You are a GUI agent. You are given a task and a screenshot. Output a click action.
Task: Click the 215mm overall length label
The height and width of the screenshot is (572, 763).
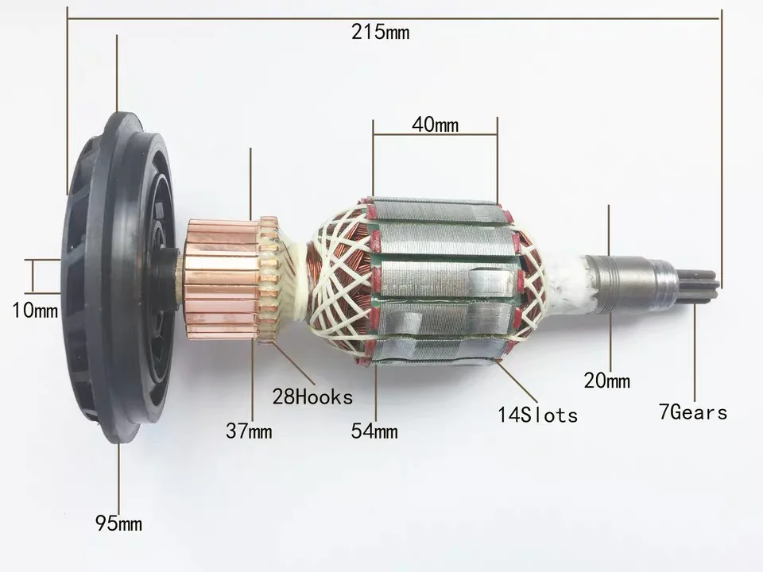[x=380, y=33]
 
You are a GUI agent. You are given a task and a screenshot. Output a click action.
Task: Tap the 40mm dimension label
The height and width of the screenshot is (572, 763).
[x=435, y=125]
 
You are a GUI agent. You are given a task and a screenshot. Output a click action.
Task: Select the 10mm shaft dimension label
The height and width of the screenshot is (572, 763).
[x=35, y=311]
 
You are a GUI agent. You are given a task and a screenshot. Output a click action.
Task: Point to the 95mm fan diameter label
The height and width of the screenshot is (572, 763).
[x=118, y=524]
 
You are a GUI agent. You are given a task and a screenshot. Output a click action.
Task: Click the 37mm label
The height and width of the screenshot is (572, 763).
[x=249, y=431]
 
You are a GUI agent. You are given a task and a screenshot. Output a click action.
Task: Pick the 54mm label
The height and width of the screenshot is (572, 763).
[x=374, y=431]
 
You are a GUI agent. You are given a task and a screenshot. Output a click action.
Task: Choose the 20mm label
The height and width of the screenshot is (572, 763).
[x=606, y=381]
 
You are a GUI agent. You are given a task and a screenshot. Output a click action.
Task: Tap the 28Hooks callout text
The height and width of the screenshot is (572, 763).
[x=312, y=397]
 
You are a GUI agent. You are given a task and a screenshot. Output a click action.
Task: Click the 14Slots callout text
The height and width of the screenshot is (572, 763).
[x=538, y=415]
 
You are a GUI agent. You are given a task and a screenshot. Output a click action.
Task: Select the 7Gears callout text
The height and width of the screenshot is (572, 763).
[x=693, y=412]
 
